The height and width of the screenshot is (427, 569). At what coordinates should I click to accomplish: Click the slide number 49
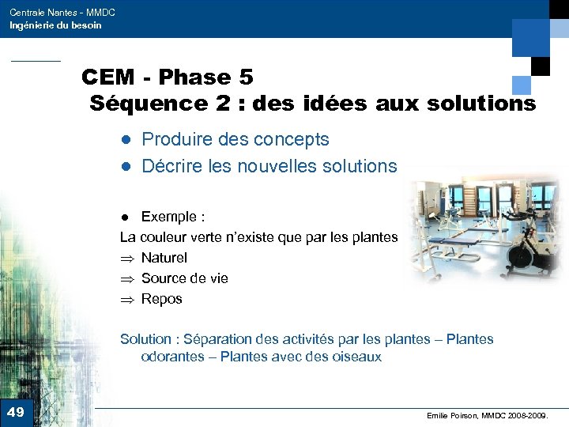point(15,412)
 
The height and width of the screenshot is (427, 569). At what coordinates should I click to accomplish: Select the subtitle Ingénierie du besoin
point(55,26)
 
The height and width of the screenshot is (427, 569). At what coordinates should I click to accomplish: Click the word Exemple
point(168,217)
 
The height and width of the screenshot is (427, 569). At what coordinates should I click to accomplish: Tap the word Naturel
point(164,258)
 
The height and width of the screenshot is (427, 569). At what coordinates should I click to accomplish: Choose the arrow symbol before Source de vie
point(126,278)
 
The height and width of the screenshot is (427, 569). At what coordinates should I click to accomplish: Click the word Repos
point(162,299)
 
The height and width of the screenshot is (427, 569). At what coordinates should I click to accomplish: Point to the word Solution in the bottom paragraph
point(145,339)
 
